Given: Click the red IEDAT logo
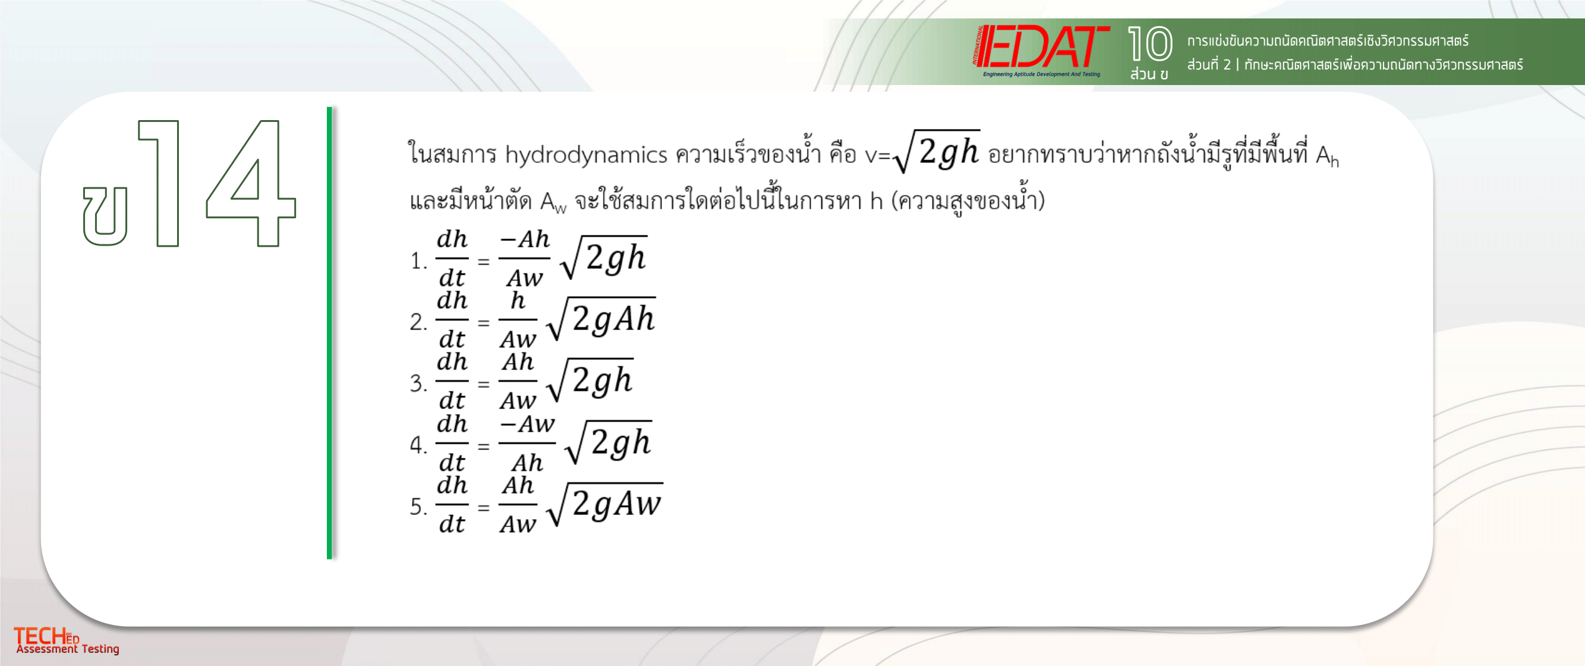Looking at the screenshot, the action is [1041, 50].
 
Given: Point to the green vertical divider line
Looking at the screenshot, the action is [329, 332].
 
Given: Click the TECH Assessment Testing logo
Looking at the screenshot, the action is [67, 641].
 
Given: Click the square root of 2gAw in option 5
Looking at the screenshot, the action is [604, 504].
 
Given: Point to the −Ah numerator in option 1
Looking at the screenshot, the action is [524, 239].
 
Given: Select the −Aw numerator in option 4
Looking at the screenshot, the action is [527, 424].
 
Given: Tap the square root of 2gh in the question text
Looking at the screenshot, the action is [937, 151].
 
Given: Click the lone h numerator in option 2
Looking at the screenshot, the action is [518, 300].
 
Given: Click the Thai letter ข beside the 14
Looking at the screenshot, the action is [105, 216].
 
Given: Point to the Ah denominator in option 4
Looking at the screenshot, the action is [527, 462].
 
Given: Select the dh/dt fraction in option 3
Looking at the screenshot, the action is [452, 381].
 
